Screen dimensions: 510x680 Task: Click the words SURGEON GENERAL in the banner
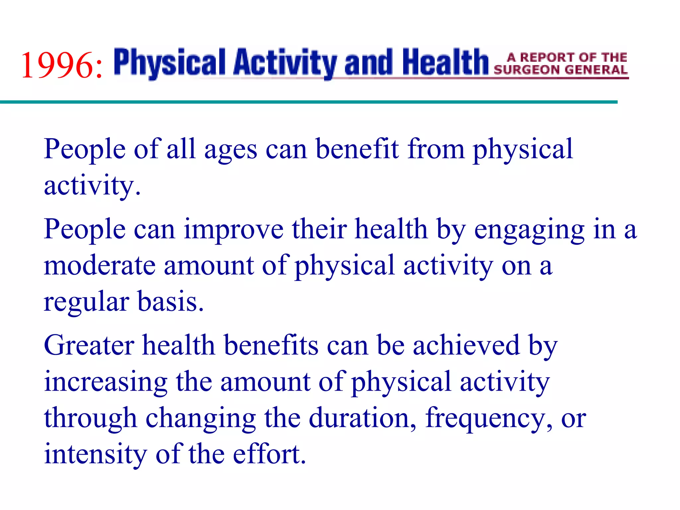pyautogui.click(x=560, y=70)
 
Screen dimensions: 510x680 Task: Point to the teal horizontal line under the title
pyautogui.click(x=309, y=102)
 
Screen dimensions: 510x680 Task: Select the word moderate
pyautogui.click(x=100, y=266)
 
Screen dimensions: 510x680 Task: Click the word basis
pyautogui.click(x=170, y=301)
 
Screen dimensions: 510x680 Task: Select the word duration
pyautogui.click(x=362, y=418)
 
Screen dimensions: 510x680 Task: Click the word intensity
pyautogui.click(x=96, y=454)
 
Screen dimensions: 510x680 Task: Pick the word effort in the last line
pyautogui.click(x=269, y=454)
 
